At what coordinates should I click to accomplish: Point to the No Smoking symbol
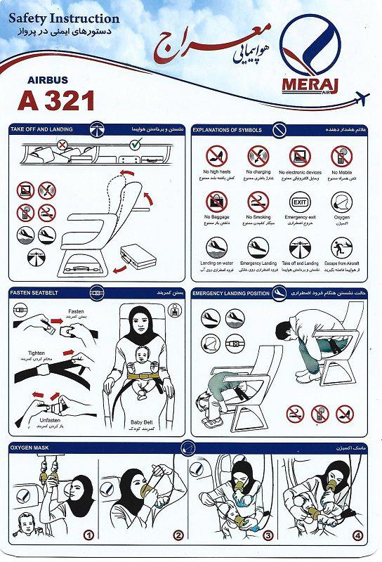[258, 202]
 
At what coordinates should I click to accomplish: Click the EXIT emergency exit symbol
[300, 202]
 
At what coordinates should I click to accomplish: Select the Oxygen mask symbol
[342, 202]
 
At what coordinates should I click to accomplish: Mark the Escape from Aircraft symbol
[342, 248]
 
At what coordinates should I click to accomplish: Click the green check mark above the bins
[135, 145]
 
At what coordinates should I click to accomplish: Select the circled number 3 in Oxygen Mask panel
[268, 535]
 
